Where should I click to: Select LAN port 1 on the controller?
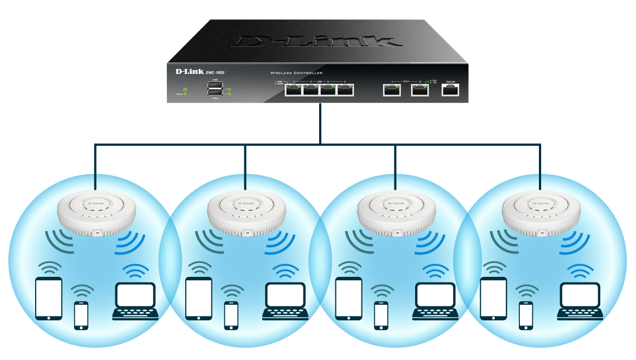[293, 90]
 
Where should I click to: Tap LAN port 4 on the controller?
[346, 90]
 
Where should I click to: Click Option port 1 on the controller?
[392, 90]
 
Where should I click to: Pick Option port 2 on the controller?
[420, 90]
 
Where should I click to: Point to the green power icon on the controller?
[185, 89]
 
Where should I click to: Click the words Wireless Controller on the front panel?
[296, 73]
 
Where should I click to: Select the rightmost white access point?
[539, 212]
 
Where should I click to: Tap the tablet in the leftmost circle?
[49, 299]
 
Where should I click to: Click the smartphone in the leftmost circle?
[81, 315]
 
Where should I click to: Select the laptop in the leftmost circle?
[135, 301]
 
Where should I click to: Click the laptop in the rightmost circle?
[580, 301]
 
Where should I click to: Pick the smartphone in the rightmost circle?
[526, 315]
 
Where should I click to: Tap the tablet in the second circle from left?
[199, 299]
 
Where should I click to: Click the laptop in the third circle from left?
[435, 301]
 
